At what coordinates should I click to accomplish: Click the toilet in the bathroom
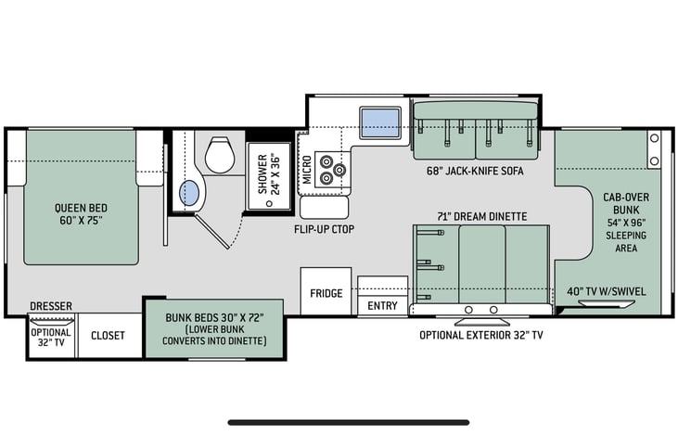pyautogui.click(x=220, y=155)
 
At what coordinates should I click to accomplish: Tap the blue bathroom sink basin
pyautogui.click(x=189, y=193)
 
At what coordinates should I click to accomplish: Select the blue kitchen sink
pyautogui.click(x=380, y=122)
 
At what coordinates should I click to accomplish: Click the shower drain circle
pyautogui.click(x=269, y=203)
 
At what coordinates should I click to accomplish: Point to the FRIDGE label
pyautogui.click(x=326, y=294)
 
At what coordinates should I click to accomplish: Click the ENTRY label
pyautogui.click(x=382, y=306)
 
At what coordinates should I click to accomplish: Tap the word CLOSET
pyautogui.click(x=108, y=336)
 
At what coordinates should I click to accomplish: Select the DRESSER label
pyautogui.click(x=51, y=306)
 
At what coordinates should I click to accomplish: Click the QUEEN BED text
pyautogui.click(x=81, y=208)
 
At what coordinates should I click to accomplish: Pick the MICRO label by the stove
pyautogui.click(x=307, y=170)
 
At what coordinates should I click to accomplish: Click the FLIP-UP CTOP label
pyautogui.click(x=325, y=229)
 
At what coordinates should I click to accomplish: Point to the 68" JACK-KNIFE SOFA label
pyautogui.click(x=475, y=171)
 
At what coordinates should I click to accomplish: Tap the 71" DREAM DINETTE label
pyautogui.click(x=481, y=216)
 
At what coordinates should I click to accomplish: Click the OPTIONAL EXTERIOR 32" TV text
pyautogui.click(x=481, y=335)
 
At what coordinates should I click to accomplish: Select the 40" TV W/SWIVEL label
pyautogui.click(x=607, y=291)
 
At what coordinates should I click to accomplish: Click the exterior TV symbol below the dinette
pyautogui.click(x=481, y=322)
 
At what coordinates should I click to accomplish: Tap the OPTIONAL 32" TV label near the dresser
pyautogui.click(x=51, y=338)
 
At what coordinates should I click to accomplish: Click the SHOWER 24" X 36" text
pyautogui.click(x=269, y=174)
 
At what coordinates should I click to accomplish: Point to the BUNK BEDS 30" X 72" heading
pyautogui.click(x=214, y=318)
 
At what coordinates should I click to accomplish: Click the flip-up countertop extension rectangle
pyautogui.click(x=325, y=208)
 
